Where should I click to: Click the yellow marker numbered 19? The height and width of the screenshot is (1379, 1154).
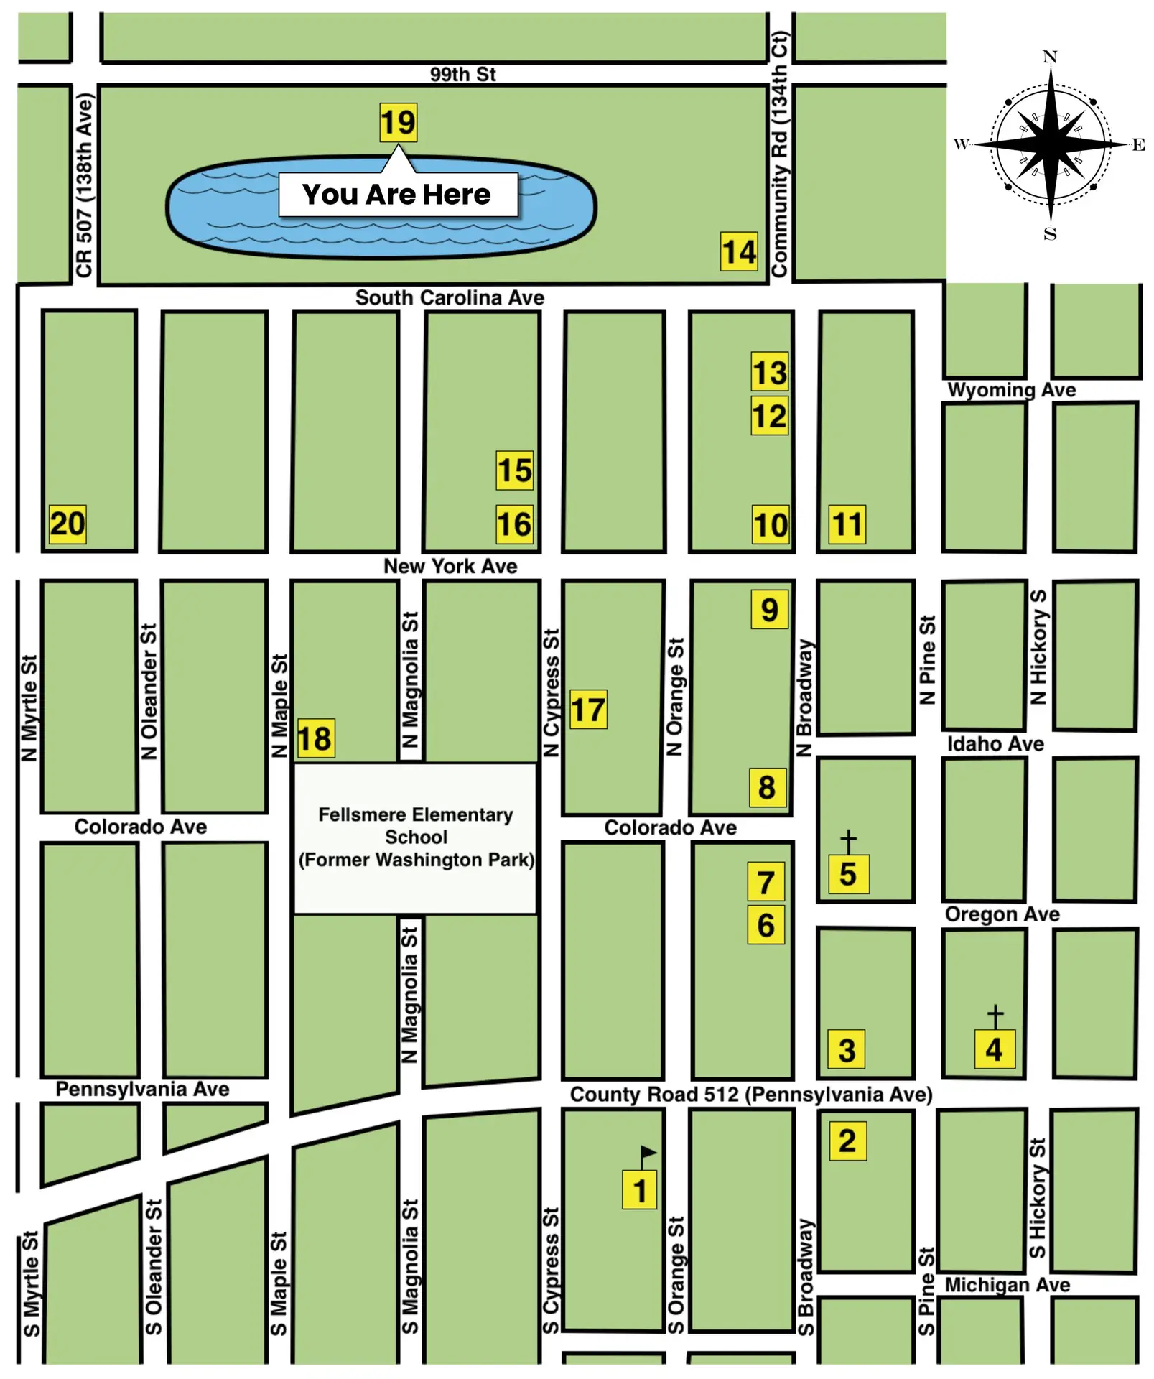click(398, 122)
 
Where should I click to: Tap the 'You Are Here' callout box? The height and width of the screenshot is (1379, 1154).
click(398, 195)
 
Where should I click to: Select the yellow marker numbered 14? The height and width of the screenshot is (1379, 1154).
click(739, 251)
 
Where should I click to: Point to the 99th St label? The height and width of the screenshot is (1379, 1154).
click(462, 74)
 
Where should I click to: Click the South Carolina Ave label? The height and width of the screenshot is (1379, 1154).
click(450, 297)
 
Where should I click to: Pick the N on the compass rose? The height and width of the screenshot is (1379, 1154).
click(1049, 57)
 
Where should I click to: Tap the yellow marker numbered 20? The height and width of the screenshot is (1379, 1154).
click(68, 524)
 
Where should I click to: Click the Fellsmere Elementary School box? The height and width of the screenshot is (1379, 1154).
click(415, 837)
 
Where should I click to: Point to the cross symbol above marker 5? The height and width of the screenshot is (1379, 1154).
click(848, 841)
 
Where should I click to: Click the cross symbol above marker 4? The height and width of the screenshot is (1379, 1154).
click(995, 1016)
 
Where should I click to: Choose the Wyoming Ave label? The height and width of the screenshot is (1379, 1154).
click(1011, 390)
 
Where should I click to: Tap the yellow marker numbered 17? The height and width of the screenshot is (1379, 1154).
click(588, 710)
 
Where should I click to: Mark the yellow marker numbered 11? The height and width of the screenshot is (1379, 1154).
click(847, 524)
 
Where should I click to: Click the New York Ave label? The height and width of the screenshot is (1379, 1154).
click(450, 566)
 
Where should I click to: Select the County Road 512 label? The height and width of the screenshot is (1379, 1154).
click(750, 1094)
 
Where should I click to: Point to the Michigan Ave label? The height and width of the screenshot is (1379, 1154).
click(1007, 1284)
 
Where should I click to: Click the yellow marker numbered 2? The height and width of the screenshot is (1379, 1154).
click(847, 1141)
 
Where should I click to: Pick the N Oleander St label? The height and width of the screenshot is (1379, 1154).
click(149, 691)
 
